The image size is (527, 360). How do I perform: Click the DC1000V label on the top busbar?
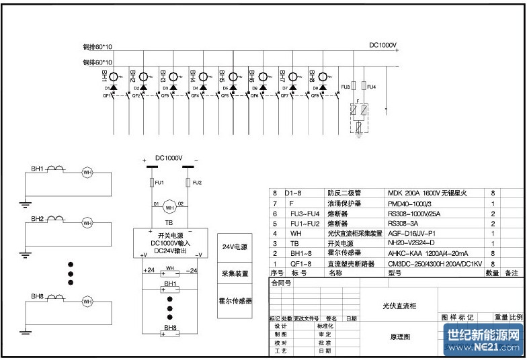(x=382, y=46)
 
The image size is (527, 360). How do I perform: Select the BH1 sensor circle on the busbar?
(x=114, y=77)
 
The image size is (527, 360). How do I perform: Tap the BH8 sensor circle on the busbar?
(x=323, y=77)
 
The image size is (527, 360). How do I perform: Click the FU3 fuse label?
(x=345, y=87)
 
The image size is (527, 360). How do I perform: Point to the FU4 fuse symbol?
(x=364, y=87)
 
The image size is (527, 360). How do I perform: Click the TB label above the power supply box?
(x=168, y=223)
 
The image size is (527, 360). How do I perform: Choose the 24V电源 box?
(x=235, y=248)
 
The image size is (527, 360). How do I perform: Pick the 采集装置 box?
(x=235, y=274)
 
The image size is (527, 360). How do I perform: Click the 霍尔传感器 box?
(x=235, y=302)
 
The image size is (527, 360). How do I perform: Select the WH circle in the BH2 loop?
(x=87, y=222)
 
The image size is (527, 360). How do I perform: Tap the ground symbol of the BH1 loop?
(x=25, y=203)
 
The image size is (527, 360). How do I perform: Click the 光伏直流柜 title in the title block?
(x=399, y=306)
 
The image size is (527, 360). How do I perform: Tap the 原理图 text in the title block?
(x=399, y=336)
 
